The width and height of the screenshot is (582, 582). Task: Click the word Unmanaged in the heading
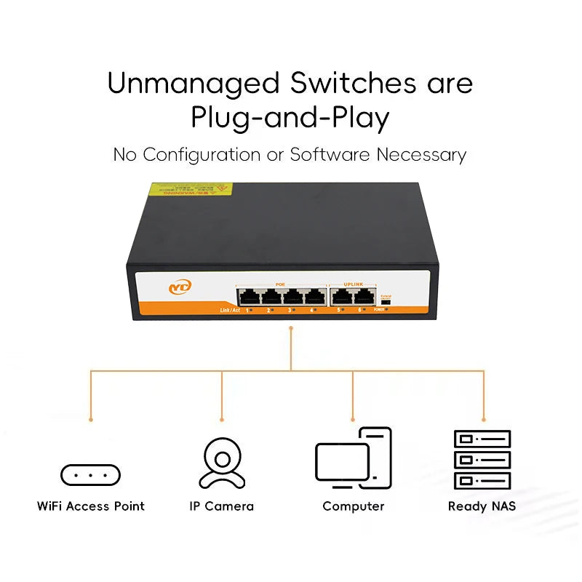point(193,84)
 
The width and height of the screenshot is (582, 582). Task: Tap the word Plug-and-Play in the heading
point(290,118)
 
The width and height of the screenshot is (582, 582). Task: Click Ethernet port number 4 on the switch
point(314,296)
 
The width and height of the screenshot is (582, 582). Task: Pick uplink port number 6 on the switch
point(363,296)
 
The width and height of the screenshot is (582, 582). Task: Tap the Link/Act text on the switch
point(230,311)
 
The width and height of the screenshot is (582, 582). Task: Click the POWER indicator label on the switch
point(378,310)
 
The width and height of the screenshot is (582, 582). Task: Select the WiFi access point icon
point(90,475)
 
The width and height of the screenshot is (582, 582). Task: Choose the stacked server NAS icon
point(482,459)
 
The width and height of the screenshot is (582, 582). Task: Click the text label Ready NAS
point(482,506)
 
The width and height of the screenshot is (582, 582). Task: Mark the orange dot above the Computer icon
point(353,420)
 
